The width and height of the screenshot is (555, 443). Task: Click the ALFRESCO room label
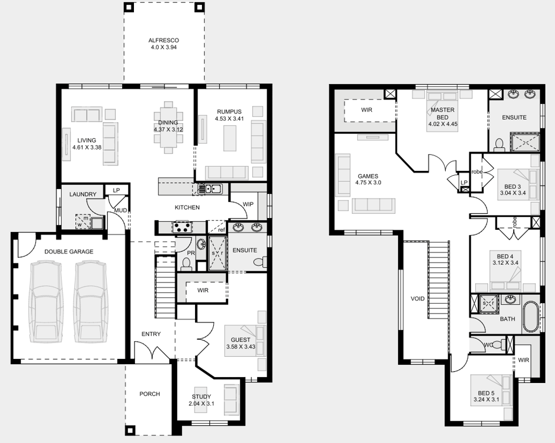[x=163, y=40]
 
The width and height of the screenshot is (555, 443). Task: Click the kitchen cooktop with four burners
[x=182, y=227]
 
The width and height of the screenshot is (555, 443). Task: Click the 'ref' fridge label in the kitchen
[x=222, y=230]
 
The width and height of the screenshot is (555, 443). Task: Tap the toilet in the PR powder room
[x=186, y=264]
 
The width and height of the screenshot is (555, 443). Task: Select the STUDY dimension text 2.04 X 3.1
[x=201, y=403]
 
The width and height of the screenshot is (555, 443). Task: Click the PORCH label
[x=149, y=394]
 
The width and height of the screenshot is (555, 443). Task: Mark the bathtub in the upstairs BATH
[x=530, y=316]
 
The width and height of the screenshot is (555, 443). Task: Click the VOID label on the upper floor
[x=417, y=299]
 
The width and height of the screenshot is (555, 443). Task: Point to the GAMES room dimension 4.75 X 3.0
[x=368, y=183]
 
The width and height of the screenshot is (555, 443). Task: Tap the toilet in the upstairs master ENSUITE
[x=499, y=145]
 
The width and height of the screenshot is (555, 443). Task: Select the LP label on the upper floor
[x=464, y=183]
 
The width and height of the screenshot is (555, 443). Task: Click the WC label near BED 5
[x=488, y=344]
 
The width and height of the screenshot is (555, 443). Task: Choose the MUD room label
[x=120, y=211]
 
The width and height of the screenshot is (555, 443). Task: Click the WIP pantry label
[x=248, y=204]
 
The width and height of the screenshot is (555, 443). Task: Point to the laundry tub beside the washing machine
[x=97, y=223]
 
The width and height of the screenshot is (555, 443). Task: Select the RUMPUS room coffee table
[x=229, y=138]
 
